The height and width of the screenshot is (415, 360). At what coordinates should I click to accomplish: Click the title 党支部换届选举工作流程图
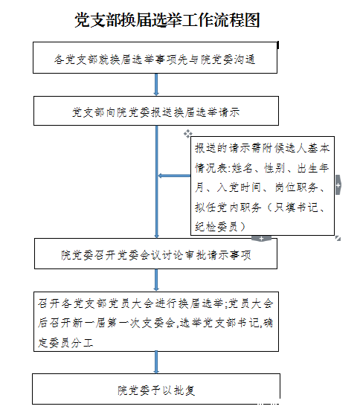point(167,20)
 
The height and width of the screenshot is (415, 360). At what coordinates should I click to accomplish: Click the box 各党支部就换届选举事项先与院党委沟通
point(155,58)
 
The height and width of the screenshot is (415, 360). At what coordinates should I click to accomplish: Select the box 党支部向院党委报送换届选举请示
point(156,111)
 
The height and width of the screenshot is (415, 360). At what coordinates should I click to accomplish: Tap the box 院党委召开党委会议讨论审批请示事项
point(155,254)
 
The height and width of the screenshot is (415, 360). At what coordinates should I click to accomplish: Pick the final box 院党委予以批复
point(156,389)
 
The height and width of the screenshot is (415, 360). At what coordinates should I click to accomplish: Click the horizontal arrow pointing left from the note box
point(175,176)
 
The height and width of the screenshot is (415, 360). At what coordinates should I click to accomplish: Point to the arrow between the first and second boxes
point(156,85)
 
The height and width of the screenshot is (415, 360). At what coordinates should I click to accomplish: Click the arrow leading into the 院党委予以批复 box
point(156,362)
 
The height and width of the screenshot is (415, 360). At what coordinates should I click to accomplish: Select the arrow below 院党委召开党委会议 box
point(156,280)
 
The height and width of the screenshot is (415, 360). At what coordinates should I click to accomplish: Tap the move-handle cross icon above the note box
point(188,134)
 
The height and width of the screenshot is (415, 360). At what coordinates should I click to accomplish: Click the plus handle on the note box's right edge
point(338,185)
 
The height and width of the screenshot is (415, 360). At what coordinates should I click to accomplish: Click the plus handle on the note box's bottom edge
point(261,239)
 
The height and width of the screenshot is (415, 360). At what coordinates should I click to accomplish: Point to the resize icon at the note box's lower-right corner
point(338,239)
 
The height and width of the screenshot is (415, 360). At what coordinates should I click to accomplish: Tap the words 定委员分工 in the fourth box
point(65,342)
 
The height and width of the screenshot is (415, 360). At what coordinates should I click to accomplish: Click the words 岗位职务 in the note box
point(296,187)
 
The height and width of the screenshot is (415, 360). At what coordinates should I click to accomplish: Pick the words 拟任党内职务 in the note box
point(228,207)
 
